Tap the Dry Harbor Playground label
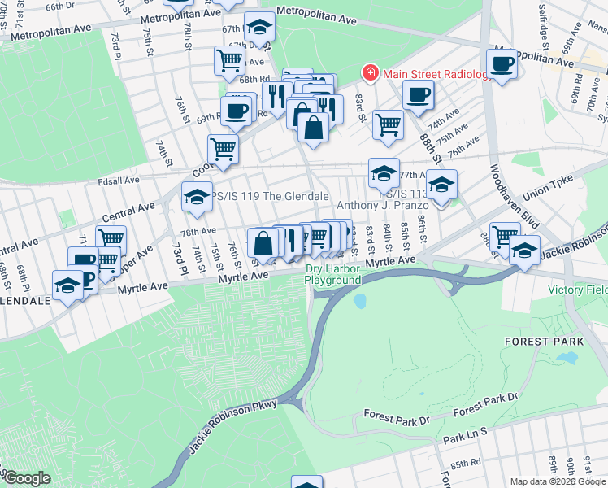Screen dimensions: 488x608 point(332,274)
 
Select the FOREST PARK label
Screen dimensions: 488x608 point(535,341)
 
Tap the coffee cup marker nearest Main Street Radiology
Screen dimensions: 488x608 point(418,94)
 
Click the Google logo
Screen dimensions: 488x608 point(26,479)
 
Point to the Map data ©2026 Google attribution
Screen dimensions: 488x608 point(558,481)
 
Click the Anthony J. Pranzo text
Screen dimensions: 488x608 point(381,206)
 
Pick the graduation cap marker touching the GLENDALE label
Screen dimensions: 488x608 point(67,285)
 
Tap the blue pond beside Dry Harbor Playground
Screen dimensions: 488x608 point(360,302)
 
